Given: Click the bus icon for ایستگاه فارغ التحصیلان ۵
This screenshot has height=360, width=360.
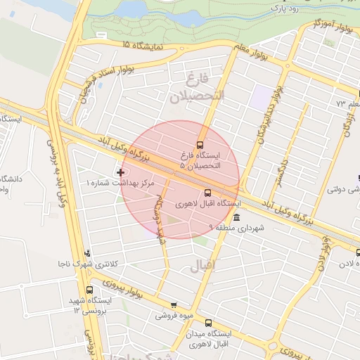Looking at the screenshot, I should tap(200, 145).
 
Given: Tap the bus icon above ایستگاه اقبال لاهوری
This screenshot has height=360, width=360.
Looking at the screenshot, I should tap(207, 193).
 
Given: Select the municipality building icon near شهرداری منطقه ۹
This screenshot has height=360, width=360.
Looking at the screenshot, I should tap(236, 217).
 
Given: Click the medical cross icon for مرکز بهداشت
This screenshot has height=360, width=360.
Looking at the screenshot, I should tap(122, 172).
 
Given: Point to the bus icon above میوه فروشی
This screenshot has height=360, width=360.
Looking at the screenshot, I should tap(174, 305).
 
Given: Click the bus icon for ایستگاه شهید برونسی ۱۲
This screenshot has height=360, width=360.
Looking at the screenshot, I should tap(89, 289).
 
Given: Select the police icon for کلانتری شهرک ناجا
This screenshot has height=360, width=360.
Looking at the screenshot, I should tap(87, 253).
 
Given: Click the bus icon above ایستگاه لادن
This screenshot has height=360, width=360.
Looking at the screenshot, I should tap(358, 252).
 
